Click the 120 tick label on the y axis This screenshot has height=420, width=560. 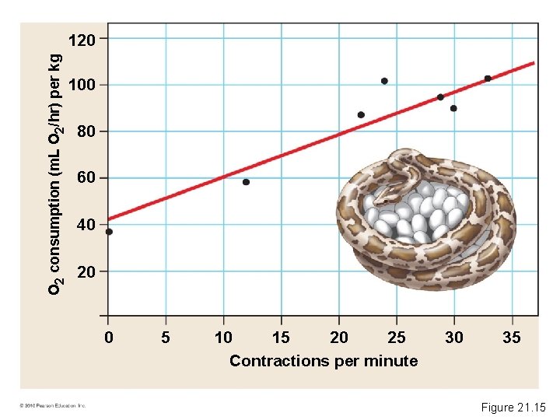coord(82,39)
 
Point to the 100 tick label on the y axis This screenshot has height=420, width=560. coord(82,84)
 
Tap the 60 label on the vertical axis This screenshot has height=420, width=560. coord(86,178)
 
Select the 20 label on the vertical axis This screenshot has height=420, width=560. coord(86,271)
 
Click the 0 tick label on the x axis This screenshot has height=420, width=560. coord(109,338)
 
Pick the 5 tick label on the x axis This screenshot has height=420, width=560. coord(165,338)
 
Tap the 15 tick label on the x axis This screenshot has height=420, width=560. coord(281,338)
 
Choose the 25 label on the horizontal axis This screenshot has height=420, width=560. coord(397,338)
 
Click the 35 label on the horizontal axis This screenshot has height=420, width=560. coord(512,338)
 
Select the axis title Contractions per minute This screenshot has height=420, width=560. coord(324,361)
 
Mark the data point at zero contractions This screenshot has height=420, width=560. coord(109,232)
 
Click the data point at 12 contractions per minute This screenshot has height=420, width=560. coord(246,182)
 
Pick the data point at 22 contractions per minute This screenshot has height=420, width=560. coord(361,115)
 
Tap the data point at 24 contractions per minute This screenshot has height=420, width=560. coord(384,81)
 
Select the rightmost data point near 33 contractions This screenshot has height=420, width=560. coord(488,79)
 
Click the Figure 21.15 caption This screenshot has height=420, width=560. coord(513,407)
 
